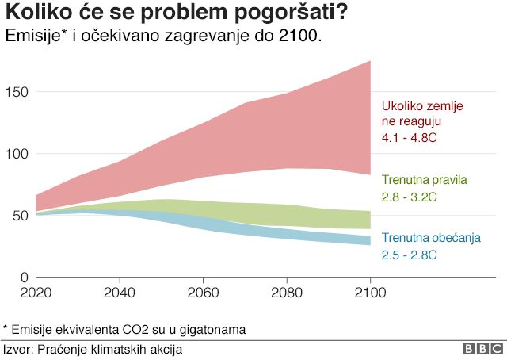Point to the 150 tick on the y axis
[18, 92]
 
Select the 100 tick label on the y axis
[18, 154]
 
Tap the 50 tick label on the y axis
[21, 216]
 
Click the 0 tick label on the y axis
[25, 278]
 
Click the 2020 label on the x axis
[36, 291]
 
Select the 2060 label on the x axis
[204, 291]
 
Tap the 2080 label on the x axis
[287, 291]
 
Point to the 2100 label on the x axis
[370, 291]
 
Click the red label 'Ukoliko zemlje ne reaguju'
[421, 113]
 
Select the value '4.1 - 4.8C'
[410, 138]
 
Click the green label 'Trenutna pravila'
[424, 180]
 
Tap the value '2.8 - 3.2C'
[410, 197]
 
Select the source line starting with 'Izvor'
[93, 348]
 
